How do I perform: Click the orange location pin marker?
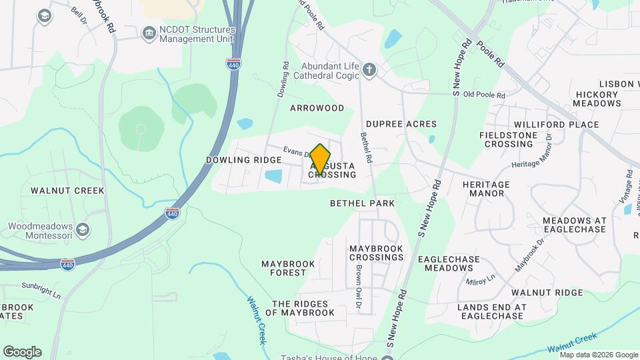coord(320,159)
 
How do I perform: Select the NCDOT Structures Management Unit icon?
coord(148,33)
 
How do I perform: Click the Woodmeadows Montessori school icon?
coord(83,230)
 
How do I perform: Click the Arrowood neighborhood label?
coord(317,108)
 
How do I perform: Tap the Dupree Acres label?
coord(401,124)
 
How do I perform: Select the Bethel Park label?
coord(362,203)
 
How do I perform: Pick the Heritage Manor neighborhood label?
coord(486,189)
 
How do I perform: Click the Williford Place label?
coord(556,125)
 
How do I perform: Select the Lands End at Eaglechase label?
coord(491,311)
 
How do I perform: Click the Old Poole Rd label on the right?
coord(484,95)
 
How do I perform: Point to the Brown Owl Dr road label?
coord(359,291)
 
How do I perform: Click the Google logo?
coord(22,352)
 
